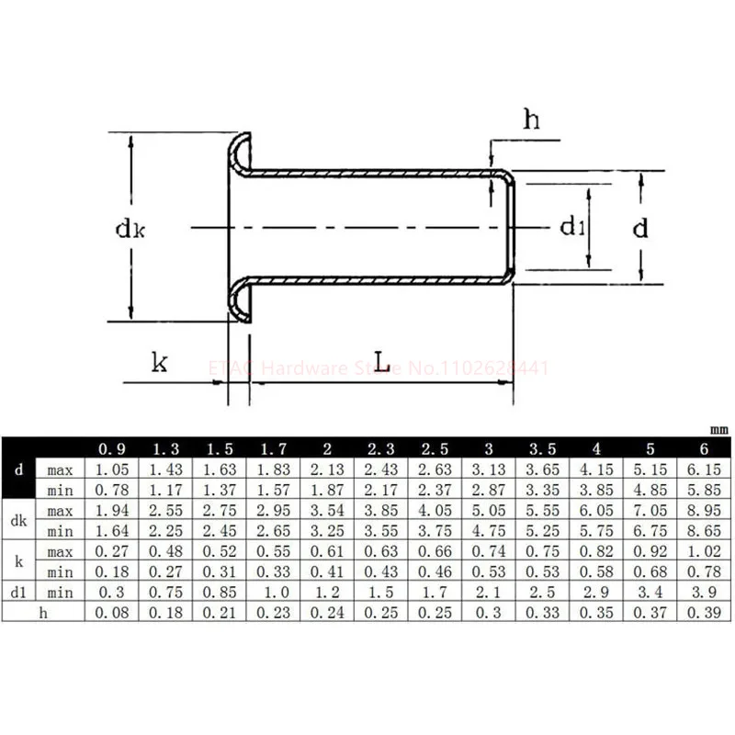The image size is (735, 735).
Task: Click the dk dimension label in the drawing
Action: [130, 229]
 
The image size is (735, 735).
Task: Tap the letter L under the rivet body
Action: [382, 361]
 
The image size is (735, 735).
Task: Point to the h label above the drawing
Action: [532, 119]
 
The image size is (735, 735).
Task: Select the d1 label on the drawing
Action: [572, 226]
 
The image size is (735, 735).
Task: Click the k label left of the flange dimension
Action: [159, 362]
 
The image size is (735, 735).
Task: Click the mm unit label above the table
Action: [719, 429]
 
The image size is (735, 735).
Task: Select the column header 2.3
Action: [381, 449]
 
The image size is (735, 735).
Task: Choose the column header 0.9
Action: [111, 449]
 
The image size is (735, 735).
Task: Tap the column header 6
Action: [704, 449]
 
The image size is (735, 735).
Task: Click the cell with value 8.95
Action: [704, 510]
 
